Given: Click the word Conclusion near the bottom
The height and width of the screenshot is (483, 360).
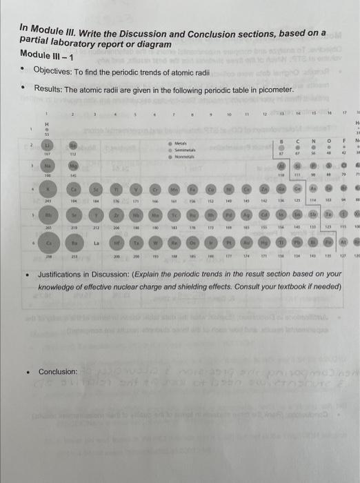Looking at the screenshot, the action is point(58,372).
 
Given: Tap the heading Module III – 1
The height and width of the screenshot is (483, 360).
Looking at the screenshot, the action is point(46,54).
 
